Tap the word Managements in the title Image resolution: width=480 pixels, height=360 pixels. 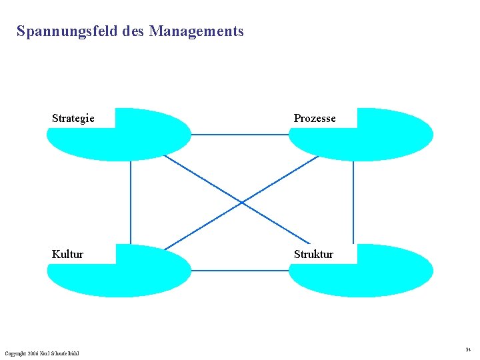click(197, 31)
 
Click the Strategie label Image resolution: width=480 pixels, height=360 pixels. click(73, 119)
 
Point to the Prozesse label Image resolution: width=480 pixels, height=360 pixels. click(315, 119)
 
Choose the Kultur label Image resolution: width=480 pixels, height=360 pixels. click(68, 254)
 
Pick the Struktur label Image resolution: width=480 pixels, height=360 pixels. click(313, 254)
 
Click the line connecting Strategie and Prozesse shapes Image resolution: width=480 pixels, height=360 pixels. click(240, 135)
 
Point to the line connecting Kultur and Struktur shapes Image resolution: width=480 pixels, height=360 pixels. click(240, 271)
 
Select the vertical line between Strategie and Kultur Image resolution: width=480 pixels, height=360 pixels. click(131, 200)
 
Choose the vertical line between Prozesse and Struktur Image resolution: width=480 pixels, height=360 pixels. click(353, 200)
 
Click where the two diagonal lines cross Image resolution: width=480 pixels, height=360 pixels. click(241, 201)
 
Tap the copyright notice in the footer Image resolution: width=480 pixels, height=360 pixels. click(41, 353)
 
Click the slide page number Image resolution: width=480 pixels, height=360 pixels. click(468, 349)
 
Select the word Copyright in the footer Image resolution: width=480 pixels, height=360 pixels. click(16, 353)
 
